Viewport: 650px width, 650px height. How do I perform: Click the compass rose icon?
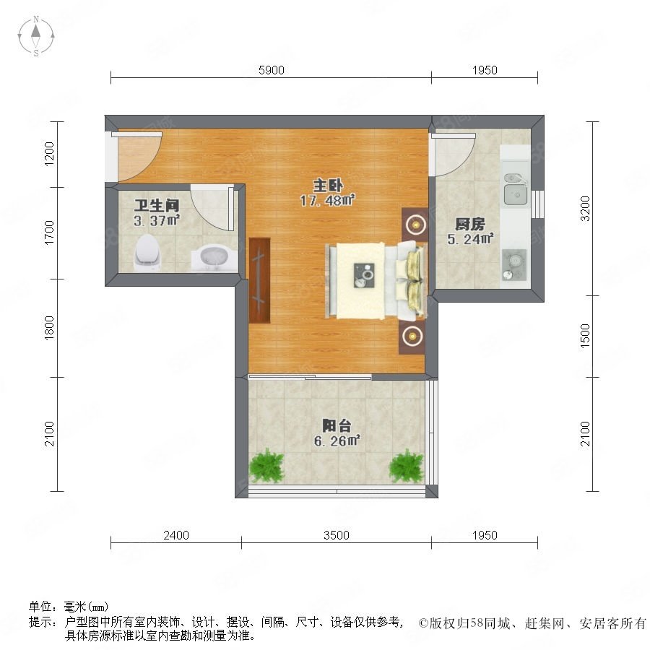pyautogui.click(x=36, y=36)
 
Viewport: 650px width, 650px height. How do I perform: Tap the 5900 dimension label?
pyautogui.click(x=272, y=70)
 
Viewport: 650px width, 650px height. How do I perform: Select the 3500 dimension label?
pyautogui.click(x=336, y=535)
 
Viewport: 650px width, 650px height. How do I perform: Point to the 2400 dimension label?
pyautogui.click(x=176, y=535)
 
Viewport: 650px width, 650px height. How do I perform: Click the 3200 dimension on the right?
pyautogui.click(x=585, y=209)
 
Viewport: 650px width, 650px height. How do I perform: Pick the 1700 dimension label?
pyautogui.click(x=49, y=233)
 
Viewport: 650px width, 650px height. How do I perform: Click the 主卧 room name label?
pyautogui.click(x=327, y=186)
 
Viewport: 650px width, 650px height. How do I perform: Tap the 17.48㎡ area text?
pyautogui.click(x=327, y=201)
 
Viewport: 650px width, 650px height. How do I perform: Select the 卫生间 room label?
pyautogui.click(x=156, y=205)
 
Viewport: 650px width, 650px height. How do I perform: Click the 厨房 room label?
pyautogui.click(x=469, y=225)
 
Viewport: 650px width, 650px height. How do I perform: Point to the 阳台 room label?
pyautogui.click(x=337, y=425)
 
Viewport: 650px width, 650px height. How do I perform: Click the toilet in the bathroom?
pyautogui.click(x=147, y=253)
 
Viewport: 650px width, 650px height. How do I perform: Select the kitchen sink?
pyautogui.click(x=515, y=189)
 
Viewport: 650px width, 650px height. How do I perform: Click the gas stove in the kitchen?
pyautogui.click(x=514, y=264)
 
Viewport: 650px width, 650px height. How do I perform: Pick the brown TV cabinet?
pyautogui.click(x=259, y=280)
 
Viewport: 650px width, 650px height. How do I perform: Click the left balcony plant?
pyautogui.click(x=266, y=466)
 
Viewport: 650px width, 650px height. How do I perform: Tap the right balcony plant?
pyautogui.click(x=406, y=466)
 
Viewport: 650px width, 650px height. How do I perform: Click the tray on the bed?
pyautogui.click(x=365, y=275)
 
